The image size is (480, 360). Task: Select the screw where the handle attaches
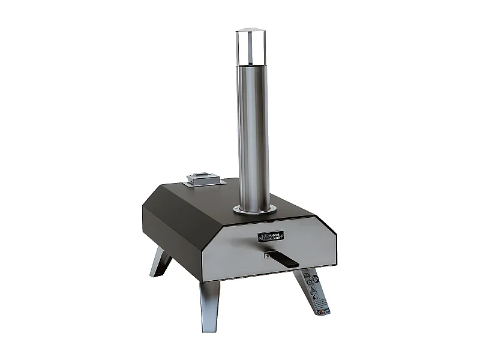click(266, 255)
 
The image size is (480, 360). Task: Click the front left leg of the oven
click(209, 306)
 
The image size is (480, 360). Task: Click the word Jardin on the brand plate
click(276, 238)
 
